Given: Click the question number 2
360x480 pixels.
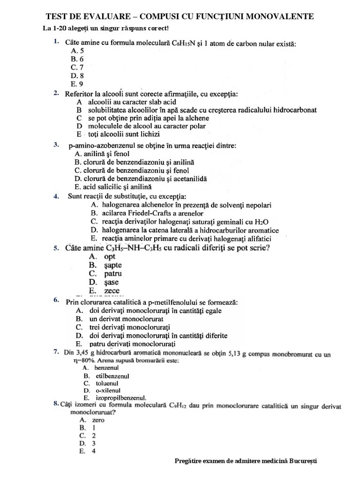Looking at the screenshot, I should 56,93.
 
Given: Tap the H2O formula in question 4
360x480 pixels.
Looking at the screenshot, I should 260,221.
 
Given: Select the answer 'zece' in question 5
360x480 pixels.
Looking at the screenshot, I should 112,291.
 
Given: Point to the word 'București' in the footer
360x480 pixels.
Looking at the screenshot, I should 304,461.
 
